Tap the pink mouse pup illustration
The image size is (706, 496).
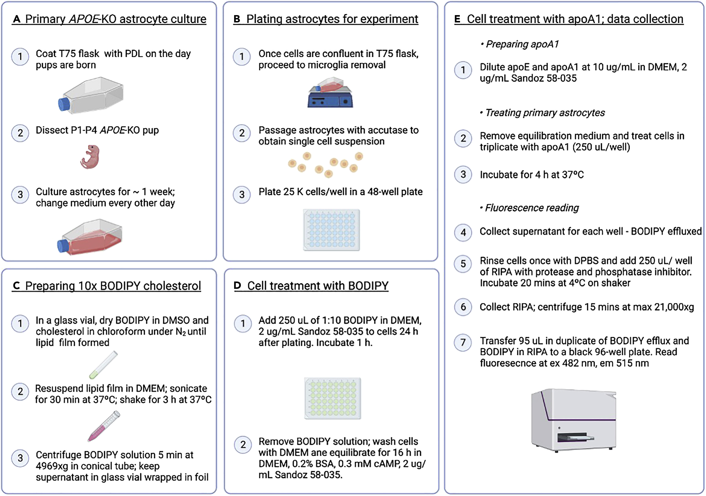[x=90, y=157]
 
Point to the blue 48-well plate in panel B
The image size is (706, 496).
[x=331, y=230]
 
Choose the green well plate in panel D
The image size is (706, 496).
[x=332, y=398]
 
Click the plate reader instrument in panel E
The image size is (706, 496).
[x=574, y=420]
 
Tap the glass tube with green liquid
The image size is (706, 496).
[x=104, y=365]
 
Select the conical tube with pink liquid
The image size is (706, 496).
[x=104, y=426]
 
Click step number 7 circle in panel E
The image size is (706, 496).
[x=463, y=342]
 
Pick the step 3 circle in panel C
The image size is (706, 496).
[x=20, y=458]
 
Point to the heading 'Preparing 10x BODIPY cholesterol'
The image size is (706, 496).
[x=113, y=286]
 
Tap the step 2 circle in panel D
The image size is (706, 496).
[x=243, y=445]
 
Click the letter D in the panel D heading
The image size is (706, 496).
[x=237, y=286]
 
